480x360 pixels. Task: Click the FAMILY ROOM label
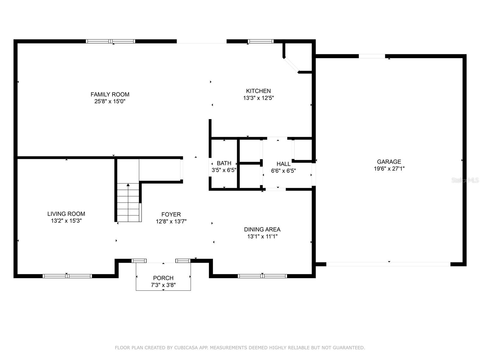click(x=110, y=94)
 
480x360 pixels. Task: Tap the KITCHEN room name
click(x=258, y=91)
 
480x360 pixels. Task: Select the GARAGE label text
click(x=389, y=162)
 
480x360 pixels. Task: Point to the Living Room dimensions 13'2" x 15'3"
click(x=66, y=221)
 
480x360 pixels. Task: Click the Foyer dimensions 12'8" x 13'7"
click(x=171, y=221)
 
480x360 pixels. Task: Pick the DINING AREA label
click(x=262, y=229)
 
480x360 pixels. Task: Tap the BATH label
click(x=224, y=163)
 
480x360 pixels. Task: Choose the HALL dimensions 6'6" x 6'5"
click(x=283, y=171)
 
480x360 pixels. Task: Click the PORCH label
click(x=163, y=278)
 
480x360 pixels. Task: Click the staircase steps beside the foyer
click(x=128, y=202)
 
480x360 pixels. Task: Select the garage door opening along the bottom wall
click(x=388, y=264)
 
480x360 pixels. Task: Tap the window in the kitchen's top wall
click(x=260, y=41)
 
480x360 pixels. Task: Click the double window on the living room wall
click(x=67, y=276)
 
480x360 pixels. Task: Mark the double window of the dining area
click(x=262, y=276)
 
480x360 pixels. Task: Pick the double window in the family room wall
click(x=110, y=41)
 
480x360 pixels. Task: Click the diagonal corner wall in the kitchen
click(x=291, y=65)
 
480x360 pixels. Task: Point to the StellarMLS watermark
click(x=465, y=180)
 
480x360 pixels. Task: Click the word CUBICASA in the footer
click(x=186, y=348)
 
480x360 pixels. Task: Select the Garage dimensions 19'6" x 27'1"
click(x=389, y=169)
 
